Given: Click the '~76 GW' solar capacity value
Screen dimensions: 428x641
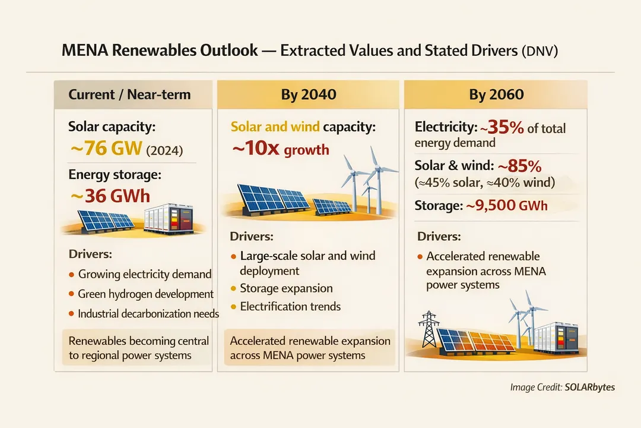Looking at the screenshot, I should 106,149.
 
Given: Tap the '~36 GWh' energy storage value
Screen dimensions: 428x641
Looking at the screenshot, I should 110,196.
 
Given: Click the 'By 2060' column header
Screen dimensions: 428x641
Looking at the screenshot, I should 496,95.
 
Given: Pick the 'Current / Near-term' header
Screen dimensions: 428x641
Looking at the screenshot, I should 129,95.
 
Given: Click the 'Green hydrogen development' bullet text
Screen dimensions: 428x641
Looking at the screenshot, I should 145,294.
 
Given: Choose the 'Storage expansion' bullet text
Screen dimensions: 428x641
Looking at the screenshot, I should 286,288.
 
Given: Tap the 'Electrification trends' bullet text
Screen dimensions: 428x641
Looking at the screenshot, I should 290,307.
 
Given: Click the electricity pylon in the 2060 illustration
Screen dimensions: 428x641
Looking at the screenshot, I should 428,330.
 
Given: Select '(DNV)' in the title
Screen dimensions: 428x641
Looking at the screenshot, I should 539,51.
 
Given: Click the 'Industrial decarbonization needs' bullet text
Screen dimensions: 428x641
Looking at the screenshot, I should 148,313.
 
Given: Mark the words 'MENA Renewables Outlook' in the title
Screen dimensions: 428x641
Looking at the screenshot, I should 160,51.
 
